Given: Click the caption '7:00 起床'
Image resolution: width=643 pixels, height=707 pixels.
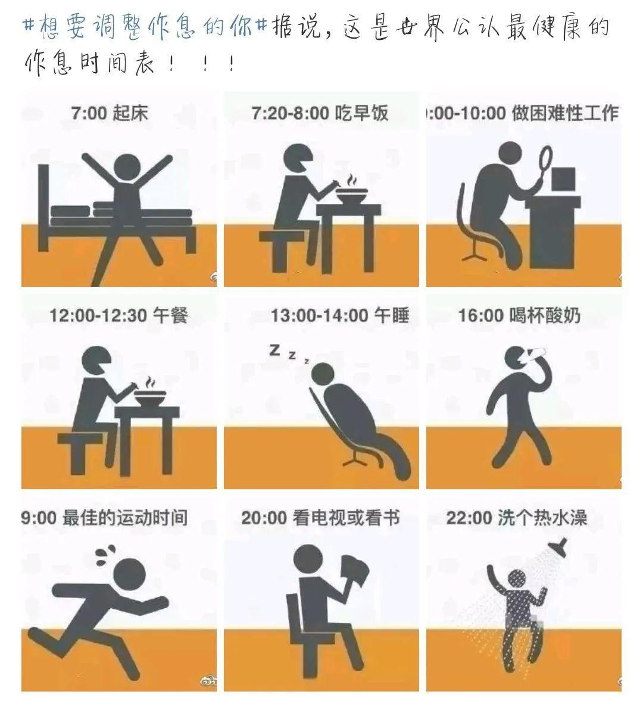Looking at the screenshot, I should (x=110, y=112).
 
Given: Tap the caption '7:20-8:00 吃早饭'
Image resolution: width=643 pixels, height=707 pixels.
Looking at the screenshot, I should (x=320, y=112).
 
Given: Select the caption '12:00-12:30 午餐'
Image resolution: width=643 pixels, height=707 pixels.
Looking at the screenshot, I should (x=118, y=315).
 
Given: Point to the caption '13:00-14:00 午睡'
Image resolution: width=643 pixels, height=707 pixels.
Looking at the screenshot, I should (x=340, y=315).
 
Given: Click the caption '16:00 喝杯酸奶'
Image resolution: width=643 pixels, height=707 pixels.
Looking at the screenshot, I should (x=519, y=315).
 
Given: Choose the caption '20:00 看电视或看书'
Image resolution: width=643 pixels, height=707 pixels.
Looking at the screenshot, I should (x=320, y=518).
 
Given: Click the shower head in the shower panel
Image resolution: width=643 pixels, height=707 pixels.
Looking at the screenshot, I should (x=558, y=545).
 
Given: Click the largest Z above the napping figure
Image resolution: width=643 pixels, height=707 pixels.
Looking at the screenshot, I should (x=274, y=350).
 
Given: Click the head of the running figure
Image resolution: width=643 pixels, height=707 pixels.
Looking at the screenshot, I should (x=129, y=574).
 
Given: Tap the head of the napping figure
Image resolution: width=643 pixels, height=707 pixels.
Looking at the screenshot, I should (x=323, y=374).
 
